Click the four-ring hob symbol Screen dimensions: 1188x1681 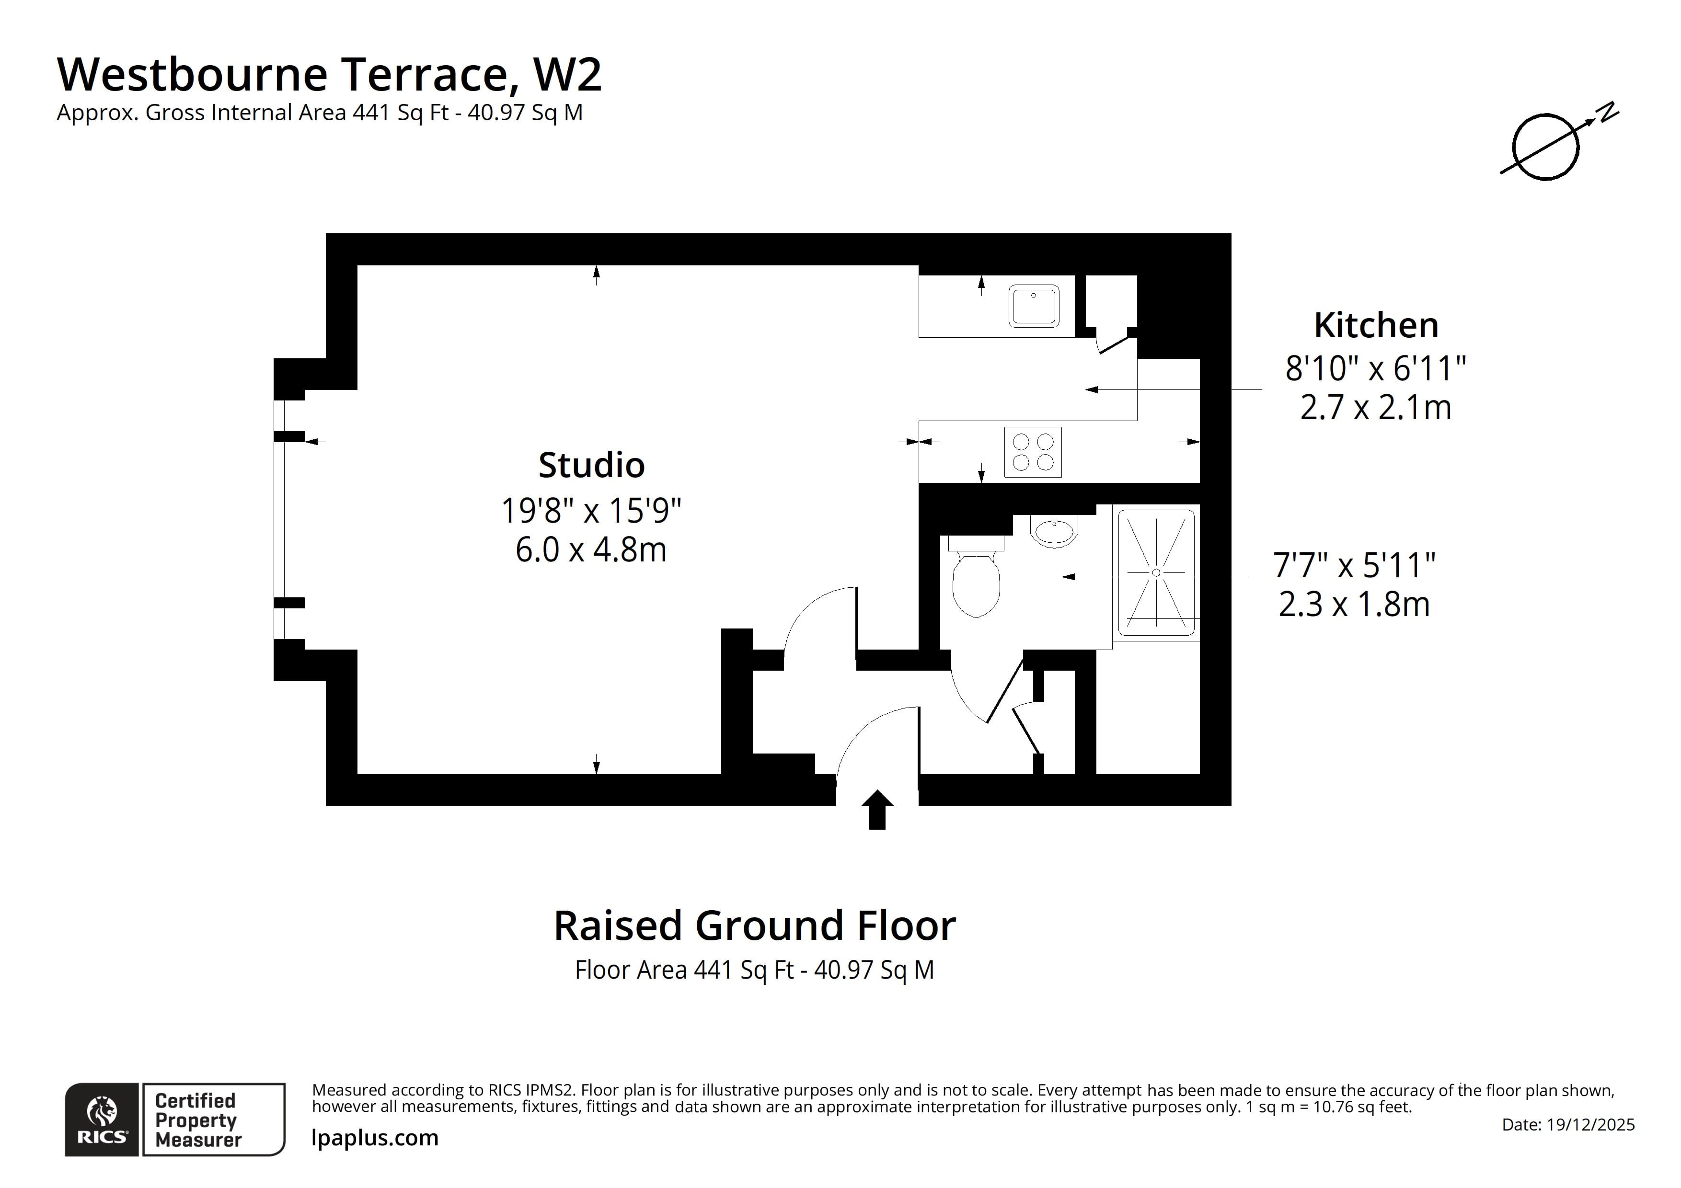pyautogui.click(x=1032, y=452)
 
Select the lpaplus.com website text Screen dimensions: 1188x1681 pyautogui.click(x=375, y=1138)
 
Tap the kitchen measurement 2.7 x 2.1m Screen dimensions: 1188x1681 pyautogui.click(x=1375, y=408)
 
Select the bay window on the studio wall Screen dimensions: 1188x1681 pyautogui.click(x=289, y=520)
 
